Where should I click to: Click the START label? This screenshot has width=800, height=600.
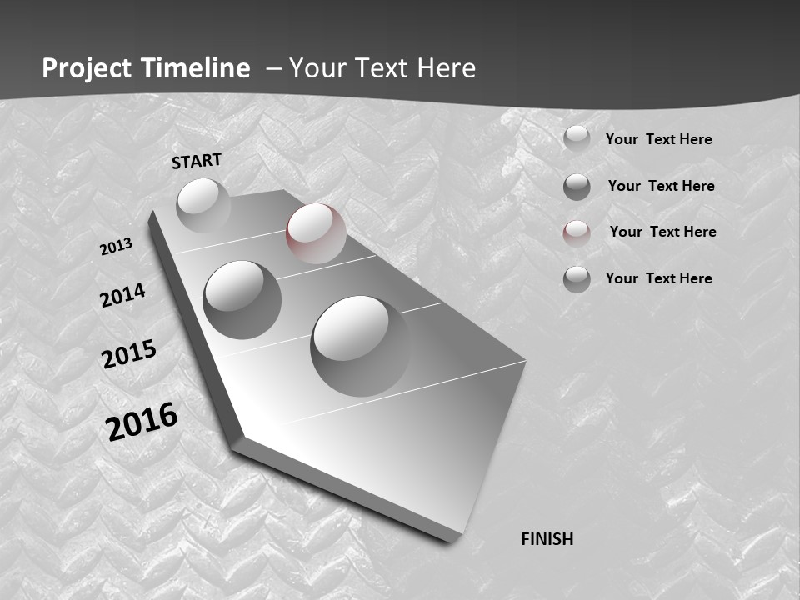tap(197, 161)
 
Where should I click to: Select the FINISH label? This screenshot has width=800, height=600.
tap(547, 539)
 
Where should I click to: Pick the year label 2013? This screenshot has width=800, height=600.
tap(116, 247)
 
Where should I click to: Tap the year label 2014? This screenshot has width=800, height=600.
tap(122, 295)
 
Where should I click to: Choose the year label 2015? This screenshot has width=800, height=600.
tap(128, 354)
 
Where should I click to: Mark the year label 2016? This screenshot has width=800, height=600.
tap(142, 421)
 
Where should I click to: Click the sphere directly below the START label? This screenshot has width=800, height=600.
tap(202, 204)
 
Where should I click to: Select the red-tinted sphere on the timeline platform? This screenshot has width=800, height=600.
tap(316, 232)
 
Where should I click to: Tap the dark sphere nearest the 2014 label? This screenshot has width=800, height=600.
tap(242, 299)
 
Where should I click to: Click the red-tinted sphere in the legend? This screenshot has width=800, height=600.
tap(577, 233)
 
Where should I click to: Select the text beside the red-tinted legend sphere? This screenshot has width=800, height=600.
tap(662, 232)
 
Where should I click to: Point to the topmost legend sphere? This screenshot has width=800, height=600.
tap(577, 138)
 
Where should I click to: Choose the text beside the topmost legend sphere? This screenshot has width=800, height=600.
tap(658, 139)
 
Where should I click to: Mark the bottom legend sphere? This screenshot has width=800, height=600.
tap(577, 279)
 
